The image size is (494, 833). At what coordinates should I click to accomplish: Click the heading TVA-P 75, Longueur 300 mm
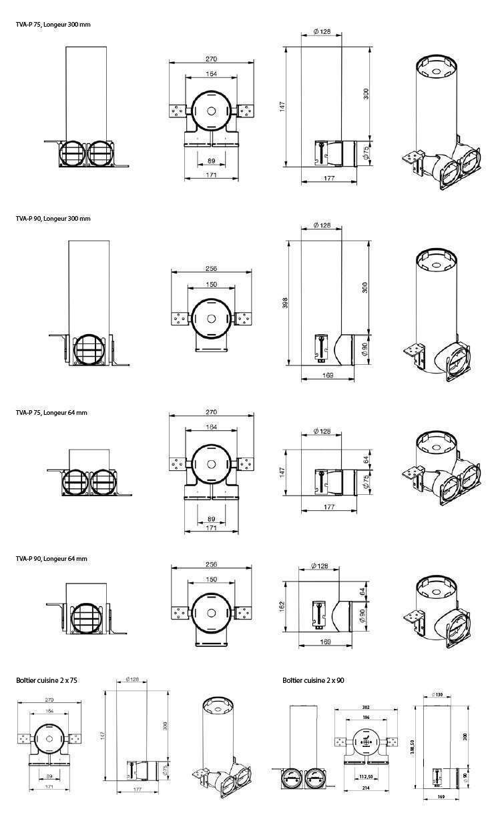[53, 25]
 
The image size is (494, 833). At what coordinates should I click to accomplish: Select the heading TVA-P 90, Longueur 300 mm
[53, 219]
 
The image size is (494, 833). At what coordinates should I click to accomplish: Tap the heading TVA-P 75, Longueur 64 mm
[51, 413]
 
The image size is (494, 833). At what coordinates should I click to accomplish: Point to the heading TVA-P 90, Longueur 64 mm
[51, 559]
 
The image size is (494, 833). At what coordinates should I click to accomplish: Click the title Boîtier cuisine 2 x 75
[47, 680]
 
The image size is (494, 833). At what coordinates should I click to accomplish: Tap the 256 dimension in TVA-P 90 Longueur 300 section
[211, 269]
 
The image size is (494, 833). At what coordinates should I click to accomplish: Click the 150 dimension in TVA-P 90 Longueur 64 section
[211, 580]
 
